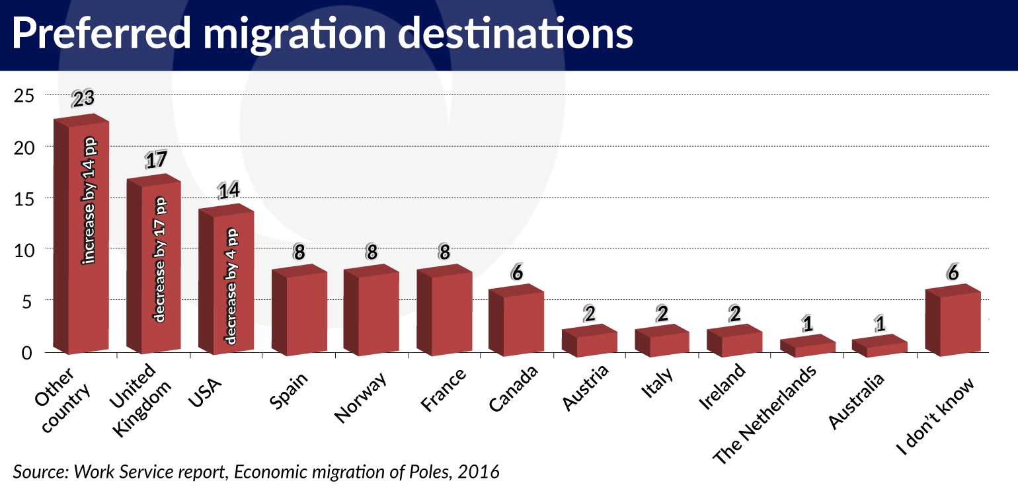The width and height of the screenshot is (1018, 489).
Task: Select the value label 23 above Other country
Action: [83, 98]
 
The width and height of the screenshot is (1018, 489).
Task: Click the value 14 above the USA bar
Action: [229, 190]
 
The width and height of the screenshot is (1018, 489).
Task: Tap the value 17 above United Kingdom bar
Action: [156, 160]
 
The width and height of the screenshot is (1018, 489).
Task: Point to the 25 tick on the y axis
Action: [23, 96]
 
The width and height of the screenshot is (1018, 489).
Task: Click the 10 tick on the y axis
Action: [23, 250]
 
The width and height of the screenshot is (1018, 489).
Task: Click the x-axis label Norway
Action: [360, 396]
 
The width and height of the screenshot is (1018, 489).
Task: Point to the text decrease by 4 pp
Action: [231, 287]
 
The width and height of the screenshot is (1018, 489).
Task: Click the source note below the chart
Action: [256, 471]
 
